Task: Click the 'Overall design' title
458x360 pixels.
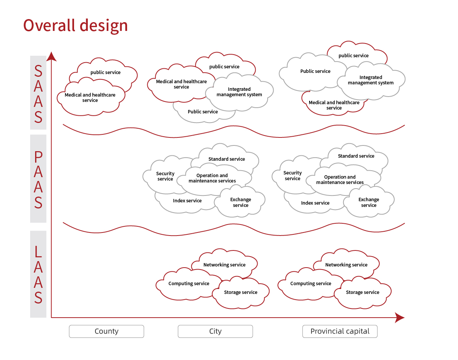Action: click(75, 26)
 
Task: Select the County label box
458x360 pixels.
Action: click(106, 331)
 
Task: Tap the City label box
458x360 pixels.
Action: click(215, 331)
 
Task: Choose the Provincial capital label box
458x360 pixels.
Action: click(340, 331)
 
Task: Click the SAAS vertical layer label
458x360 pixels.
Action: click(38, 94)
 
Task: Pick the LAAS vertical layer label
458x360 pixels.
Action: click(38, 274)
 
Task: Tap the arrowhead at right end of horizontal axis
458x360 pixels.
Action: click(399, 317)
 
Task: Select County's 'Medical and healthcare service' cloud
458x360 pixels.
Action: click(90, 98)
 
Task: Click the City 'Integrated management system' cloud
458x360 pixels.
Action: click(239, 92)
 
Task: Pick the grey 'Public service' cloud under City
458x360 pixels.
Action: click(203, 112)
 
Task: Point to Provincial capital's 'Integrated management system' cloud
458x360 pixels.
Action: click(371, 80)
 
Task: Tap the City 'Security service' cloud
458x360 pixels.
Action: click(165, 176)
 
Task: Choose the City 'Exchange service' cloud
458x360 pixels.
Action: click(240, 202)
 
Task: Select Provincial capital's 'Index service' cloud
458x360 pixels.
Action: click(315, 203)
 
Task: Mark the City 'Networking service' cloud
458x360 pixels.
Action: click(224, 265)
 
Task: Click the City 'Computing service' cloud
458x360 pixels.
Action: click(189, 284)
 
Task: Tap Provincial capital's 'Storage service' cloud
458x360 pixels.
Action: click(363, 292)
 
